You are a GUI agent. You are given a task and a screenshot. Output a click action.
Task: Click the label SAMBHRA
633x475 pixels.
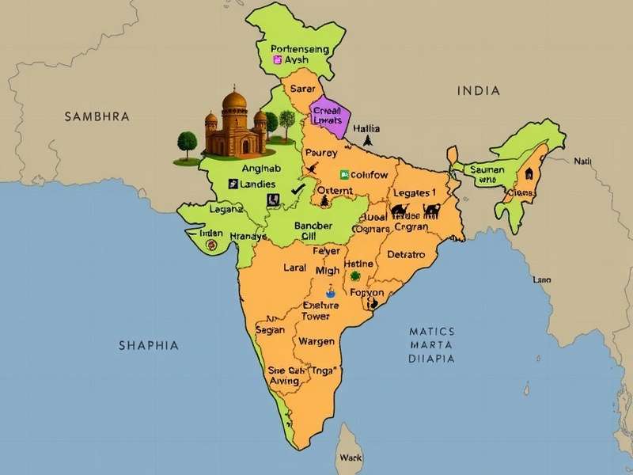(96, 116)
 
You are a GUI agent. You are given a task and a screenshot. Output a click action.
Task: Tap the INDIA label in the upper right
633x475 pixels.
(479, 90)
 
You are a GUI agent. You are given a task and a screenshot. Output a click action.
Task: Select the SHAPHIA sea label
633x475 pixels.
(148, 345)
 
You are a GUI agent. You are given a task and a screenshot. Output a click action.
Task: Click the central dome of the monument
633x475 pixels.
(235, 102)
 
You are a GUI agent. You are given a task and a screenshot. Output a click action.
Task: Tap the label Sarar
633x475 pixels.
(303, 89)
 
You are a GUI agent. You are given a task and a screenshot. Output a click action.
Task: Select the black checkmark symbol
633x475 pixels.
(298, 188)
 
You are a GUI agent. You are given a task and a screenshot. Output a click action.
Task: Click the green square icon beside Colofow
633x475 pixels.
(343, 173)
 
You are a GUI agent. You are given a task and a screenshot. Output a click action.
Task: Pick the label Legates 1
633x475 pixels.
(413, 192)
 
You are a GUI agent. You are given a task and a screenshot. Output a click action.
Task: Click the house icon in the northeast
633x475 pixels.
(528, 173)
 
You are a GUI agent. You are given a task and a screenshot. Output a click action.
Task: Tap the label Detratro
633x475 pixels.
(406, 255)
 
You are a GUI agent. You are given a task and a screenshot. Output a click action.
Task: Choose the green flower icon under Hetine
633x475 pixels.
(355, 276)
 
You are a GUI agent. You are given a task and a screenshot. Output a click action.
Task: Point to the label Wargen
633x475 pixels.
(316, 341)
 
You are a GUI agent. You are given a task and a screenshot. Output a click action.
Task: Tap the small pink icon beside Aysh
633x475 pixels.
(277, 59)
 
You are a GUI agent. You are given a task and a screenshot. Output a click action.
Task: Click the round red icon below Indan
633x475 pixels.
(211, 245)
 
